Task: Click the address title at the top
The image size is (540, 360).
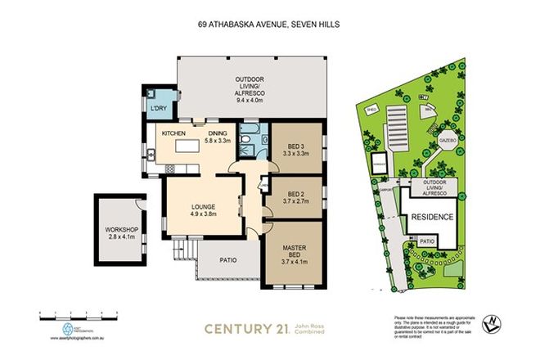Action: tap(268, 25)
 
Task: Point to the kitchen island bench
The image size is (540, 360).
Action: tap(190, 149)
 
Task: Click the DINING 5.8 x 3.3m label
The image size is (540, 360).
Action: tap(218, 137)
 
